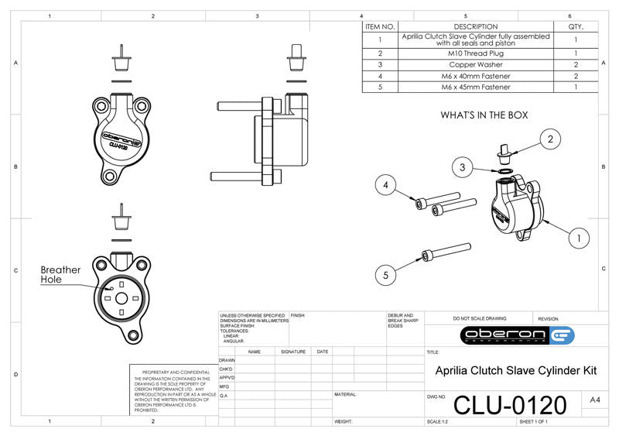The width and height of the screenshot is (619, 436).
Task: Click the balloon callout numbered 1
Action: [x=577, y=238]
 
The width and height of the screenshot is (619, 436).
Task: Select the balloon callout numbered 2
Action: [x=549, y=139]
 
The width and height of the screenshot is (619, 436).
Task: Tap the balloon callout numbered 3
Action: [x=462, y=167]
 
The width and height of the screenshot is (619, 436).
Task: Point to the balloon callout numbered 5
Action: [x=387, y=273]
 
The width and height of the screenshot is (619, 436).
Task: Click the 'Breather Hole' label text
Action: [x=60, y=274]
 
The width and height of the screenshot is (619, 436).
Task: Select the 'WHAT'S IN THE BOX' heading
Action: [x=484, y=115]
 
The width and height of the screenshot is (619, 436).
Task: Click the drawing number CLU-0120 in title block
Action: [x=509, y=403]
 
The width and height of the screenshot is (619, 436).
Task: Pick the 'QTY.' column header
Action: [x=576, y=26]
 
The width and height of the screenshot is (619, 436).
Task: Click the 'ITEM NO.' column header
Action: [x=380, y=26]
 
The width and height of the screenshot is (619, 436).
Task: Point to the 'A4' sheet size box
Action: [x=594, y=400]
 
